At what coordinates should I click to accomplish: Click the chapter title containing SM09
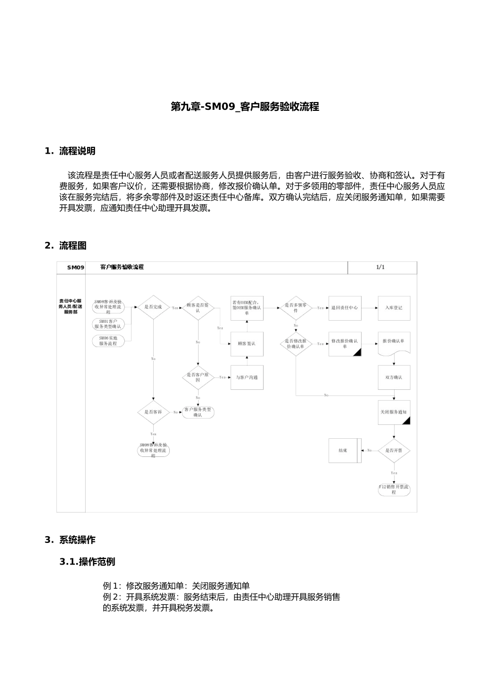(x=244, y=107)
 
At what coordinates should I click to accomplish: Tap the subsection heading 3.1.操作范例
(x=87, y=562)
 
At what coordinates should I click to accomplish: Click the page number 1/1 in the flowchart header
(x=381, y=267)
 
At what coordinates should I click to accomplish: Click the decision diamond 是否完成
(x=153, y=307)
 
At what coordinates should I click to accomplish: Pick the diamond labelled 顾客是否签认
(x=198, y=308)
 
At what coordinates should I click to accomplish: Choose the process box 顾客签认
(x=247, y=343)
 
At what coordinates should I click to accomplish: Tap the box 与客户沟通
(x=247, y=377)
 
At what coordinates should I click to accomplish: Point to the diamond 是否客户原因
(x=198, y=377)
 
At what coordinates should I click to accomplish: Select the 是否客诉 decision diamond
(x=153, y=412)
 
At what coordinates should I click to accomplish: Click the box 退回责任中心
(x=345, y=308)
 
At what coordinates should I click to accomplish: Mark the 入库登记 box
(x=394, y=308)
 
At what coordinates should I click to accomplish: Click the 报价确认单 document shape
(x=394, y=342)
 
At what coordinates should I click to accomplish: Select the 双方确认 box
(x=394, y=377)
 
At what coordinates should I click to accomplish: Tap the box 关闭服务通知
(x=394, y=412)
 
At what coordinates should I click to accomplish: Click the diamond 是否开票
(x=394, y=450)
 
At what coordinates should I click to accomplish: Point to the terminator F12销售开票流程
(x=394, y=489)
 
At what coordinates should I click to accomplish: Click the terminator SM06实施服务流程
(x=108, y=341)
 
